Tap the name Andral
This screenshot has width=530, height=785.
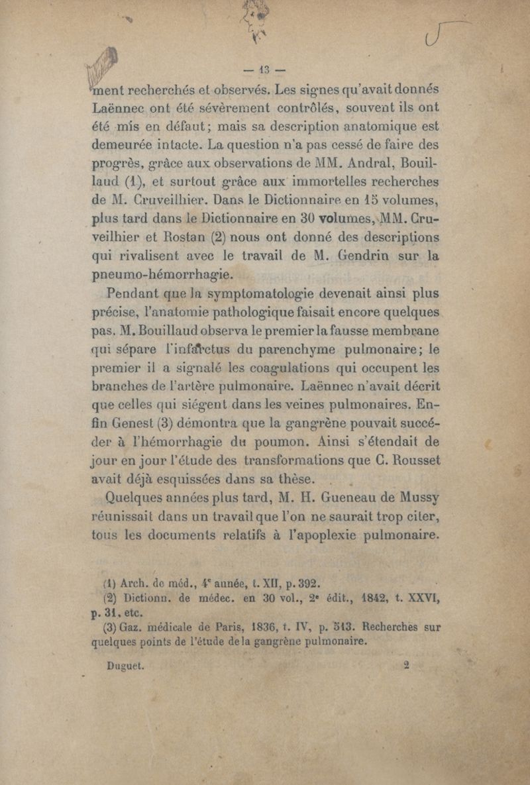pos(364,162)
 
